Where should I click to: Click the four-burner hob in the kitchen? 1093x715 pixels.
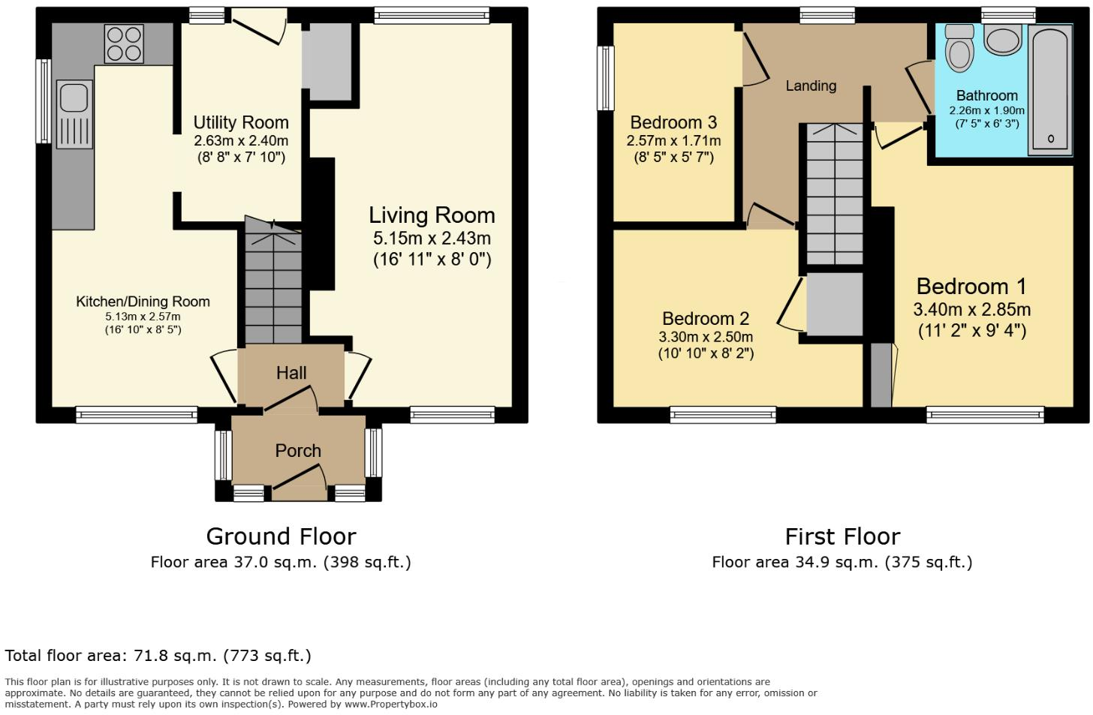pos(125,44)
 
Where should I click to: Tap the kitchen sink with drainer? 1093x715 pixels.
pos(74,113)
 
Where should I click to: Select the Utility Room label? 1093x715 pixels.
pos(241,122)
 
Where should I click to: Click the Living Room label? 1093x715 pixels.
pos(432,215)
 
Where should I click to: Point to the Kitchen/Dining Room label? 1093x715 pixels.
pos(143,302)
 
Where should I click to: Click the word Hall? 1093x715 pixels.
pos(291,373)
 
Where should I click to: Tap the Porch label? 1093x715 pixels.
pos(298,451)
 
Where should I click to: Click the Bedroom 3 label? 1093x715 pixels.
pos(673,122)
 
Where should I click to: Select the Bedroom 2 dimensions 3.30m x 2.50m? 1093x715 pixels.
pos(706,337)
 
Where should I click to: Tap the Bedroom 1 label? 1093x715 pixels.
pos(971,287)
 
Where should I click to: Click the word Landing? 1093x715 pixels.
pos(811,86)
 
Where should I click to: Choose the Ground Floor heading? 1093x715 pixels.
pos(281,536)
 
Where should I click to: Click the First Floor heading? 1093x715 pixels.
pos(842,536)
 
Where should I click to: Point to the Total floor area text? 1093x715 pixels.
pos(158,656)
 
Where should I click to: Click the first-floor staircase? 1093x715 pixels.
pos(834,195)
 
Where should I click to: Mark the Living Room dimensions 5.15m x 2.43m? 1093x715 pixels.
pos(432,239)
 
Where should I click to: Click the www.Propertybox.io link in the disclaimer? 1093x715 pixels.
pos(390,704)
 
